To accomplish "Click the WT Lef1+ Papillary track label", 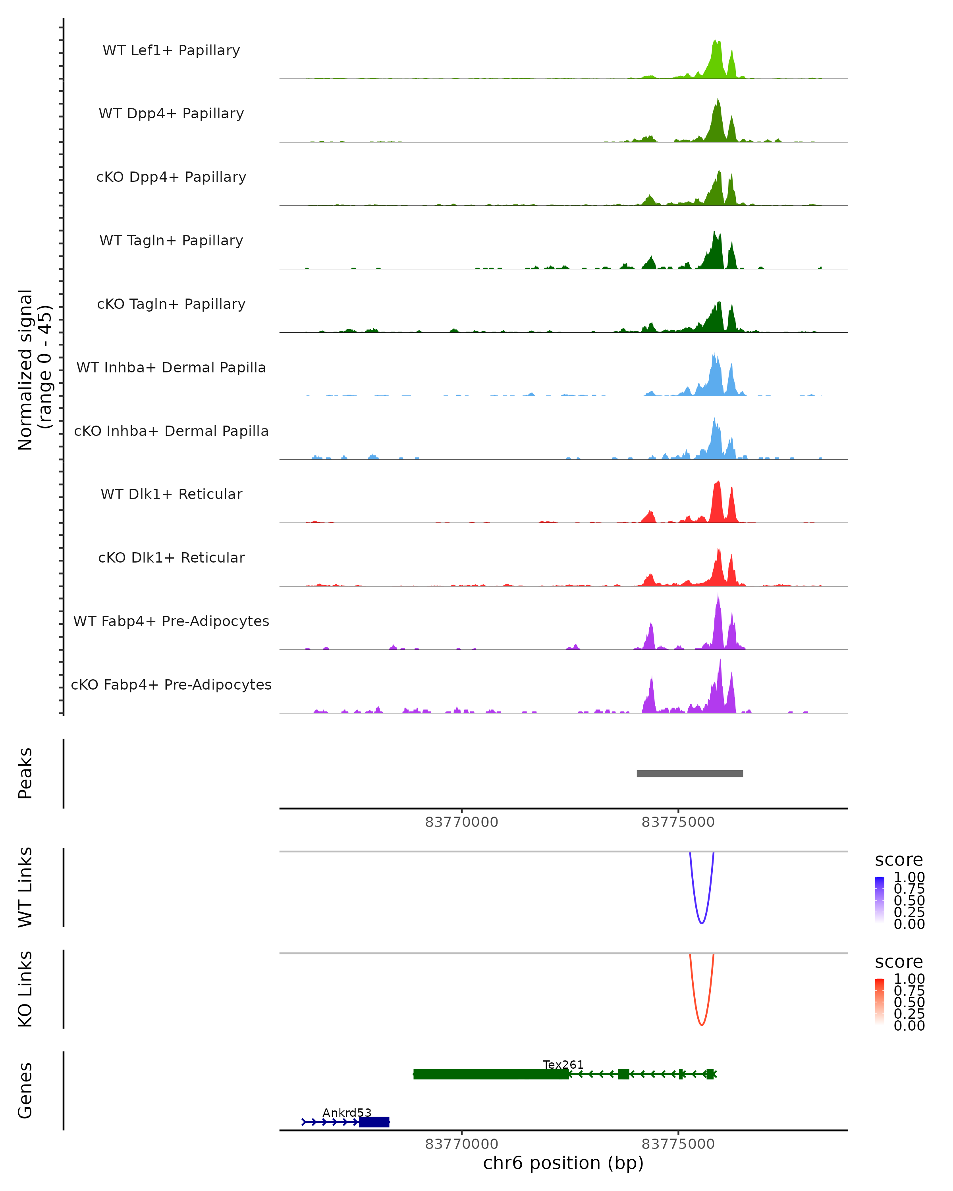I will (171, 50).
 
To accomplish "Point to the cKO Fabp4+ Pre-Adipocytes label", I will (171, 684).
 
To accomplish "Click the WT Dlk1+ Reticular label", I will (171, 494).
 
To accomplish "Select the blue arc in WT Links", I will (701, 923).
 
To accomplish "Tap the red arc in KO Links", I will (701, 1024).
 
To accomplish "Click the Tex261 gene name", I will (563, 1064).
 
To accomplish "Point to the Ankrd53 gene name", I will (347, 1112).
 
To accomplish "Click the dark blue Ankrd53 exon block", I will (374, 1122).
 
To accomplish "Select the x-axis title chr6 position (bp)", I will (563, 1163).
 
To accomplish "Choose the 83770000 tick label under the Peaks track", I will (461, 822).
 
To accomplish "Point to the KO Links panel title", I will (25, 989).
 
